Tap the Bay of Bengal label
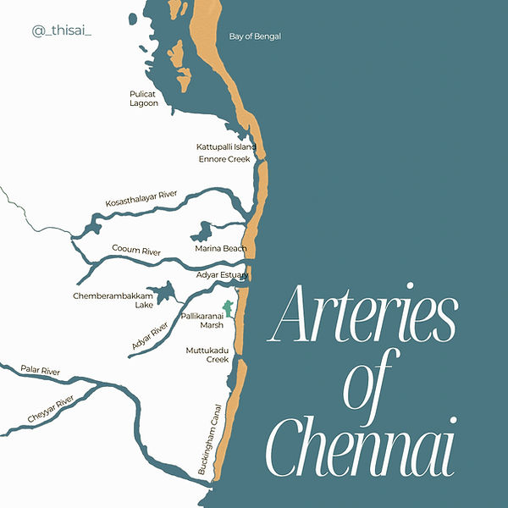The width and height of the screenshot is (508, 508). (254, 36)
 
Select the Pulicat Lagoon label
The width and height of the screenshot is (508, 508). (143, 98)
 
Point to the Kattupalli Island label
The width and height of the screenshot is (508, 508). (226, 146)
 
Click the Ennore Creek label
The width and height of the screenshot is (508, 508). (224, 159)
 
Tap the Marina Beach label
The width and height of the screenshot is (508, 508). (220, 248)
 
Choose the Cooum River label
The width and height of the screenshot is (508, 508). (136, 251)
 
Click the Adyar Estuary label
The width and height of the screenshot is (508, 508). (222, 275)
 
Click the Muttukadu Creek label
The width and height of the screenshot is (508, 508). (207, 355)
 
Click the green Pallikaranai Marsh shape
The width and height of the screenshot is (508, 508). (226, 310)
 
